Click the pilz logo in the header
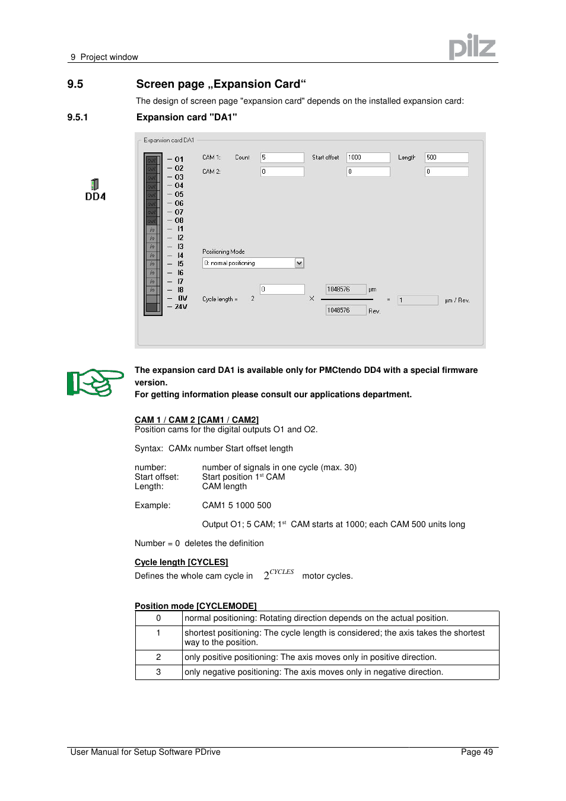[x=472, y=47]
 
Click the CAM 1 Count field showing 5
[x=282, y=158]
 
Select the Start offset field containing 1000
[x=368, y=158]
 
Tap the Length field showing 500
[x=446, y=158]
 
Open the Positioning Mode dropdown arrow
[x=300, y=263]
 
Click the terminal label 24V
[x=180, y=307]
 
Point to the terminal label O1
[x=179, y=159]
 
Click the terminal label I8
[x=180, y=290]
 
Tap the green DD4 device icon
[x=95, y=184]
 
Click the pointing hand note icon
[x=95, y=382]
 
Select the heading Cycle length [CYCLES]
[x=181, y=562]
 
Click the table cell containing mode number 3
[x=158, y=672]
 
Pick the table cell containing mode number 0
[x=158, y=618]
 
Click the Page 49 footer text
[x=476, y=752]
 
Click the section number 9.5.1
[x=78, y=117]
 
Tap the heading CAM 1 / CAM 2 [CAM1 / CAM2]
[x=196, y=420]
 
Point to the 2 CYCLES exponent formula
[x=278, y=575]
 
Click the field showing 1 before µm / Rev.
[x=417, y=301]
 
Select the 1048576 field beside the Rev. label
[x=345, y=311]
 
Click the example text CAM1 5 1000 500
[x=236, y=506]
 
